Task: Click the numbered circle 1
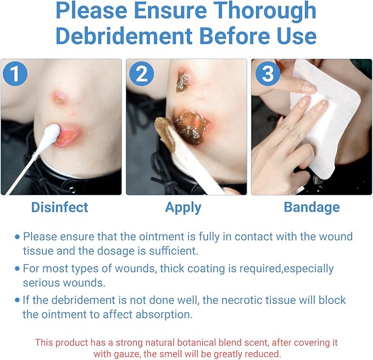(x=15, y=74)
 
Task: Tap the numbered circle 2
(x=142, y=74)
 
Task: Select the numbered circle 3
(x=268, y=74)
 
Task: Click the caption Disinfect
(x=60, y=207)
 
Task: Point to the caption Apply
(x=183, y=208)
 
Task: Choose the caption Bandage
(x=312, y=208)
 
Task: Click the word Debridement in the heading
(x=124, y=36)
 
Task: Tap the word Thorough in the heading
(x=265, y=11)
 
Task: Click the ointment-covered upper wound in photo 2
(x=183, y=81)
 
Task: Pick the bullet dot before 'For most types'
(x=17, y=269)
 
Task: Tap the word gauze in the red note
(x=125, y=355)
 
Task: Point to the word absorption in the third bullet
(x=164, y=315)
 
